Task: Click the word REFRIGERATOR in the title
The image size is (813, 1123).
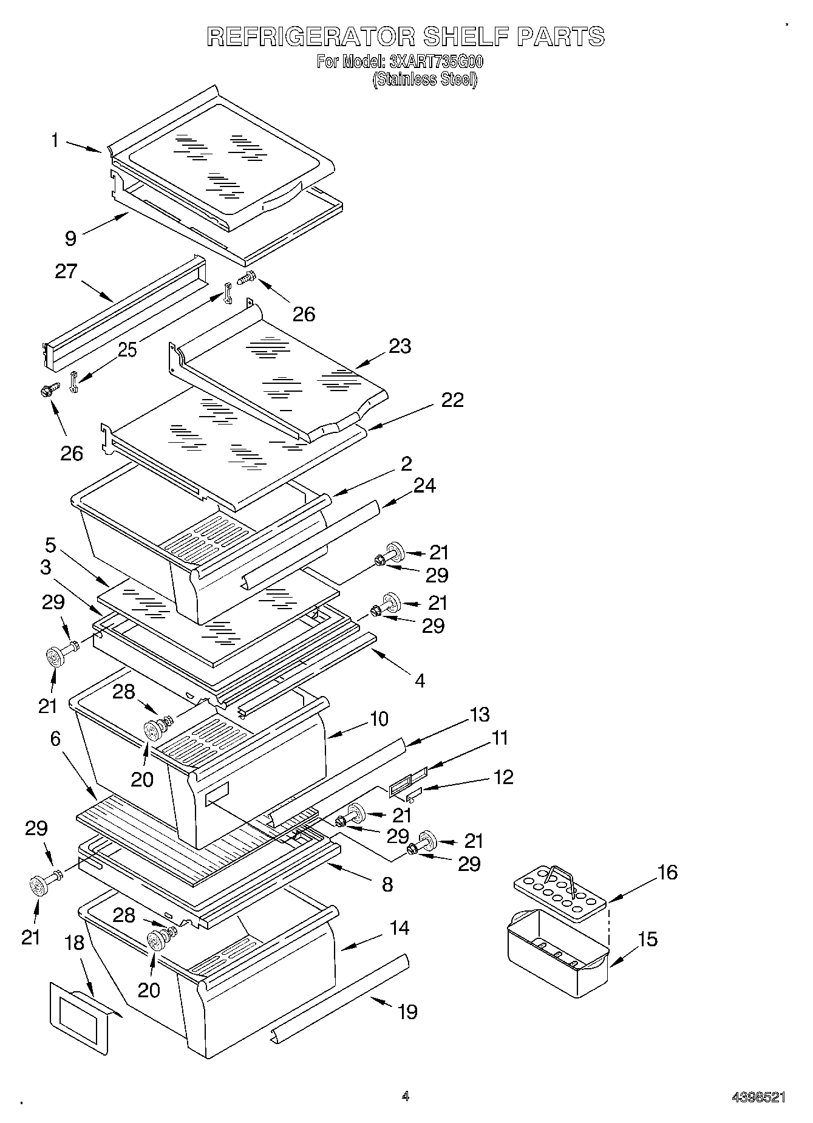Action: tap(311, 36)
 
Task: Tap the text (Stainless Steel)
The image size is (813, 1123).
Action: tap(425, 80)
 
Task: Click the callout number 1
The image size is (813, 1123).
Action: tap(55, 141)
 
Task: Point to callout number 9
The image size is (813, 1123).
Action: tap(71, 238)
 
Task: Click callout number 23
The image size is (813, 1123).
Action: tap(400, 346)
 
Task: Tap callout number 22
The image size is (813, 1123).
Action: tap(452, 400)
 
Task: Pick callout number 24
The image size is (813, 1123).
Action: tap(424, 485)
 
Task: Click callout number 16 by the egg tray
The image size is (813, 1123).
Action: tap(667, 872)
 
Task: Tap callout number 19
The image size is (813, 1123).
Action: tap(407, 1012)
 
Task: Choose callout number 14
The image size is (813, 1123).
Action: tap(400, 927)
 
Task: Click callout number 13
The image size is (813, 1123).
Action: tap(479, 714)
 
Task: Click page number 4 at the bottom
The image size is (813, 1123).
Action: tap(406, 1096)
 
